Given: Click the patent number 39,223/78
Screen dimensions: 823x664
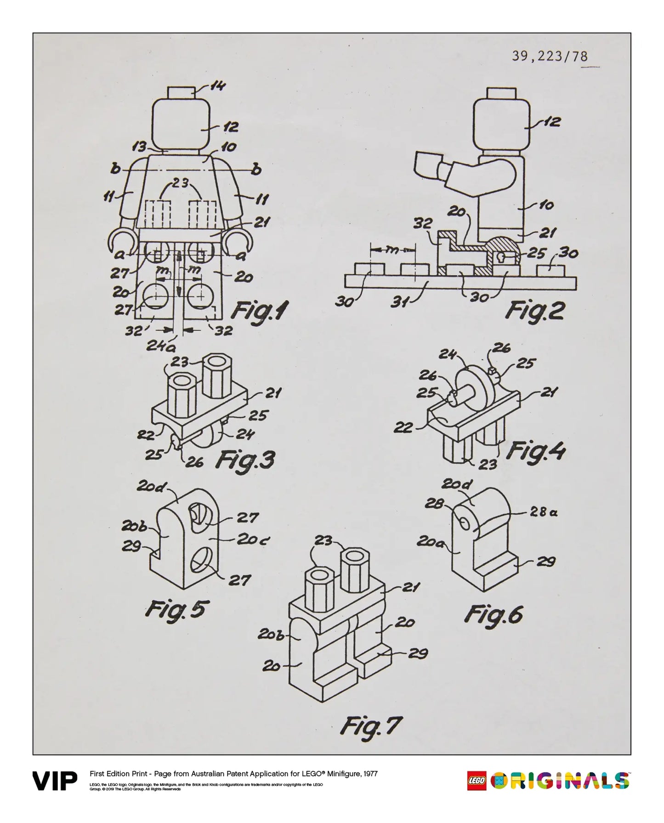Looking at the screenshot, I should (550, 56).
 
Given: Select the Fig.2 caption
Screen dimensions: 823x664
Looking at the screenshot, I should (534, 311).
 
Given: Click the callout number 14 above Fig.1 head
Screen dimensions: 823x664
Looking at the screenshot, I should (218, 86).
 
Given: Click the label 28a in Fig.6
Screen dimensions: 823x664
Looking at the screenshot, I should (544, 512).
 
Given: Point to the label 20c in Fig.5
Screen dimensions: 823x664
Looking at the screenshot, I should (253, 539).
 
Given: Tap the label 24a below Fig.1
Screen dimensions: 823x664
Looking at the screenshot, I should (158, 346).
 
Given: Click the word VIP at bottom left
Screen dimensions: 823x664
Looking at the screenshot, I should (55, 781).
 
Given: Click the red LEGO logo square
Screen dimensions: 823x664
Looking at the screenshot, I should (477, 781).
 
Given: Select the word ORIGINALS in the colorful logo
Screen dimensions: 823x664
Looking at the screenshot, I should (559, 781).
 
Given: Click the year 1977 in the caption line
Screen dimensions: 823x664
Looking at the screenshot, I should (370, 774).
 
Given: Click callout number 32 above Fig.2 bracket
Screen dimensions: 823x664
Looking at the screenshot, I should (423, 224).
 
